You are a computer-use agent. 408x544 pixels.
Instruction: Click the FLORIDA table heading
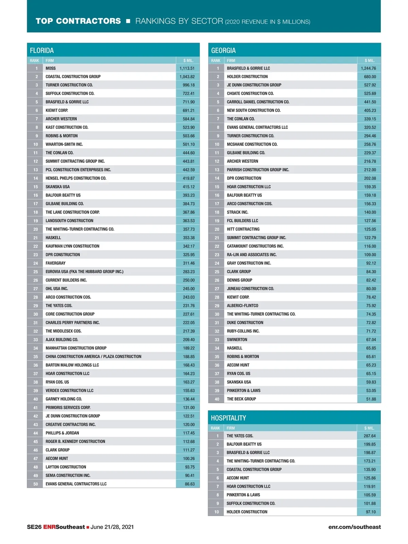click(x=42, y=50)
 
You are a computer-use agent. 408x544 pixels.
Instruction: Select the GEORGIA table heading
click(x=223, y=50)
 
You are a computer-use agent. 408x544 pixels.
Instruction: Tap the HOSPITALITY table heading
click(x=228, y=418)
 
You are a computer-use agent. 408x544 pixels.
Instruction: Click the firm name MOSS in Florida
click(x=51, y=68)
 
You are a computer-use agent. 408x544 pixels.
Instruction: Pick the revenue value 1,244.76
click(x=368, y=68)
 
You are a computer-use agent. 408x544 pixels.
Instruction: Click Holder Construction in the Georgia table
click(x=247, y=77)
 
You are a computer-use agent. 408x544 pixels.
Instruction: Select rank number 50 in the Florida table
click(x=35, y=484)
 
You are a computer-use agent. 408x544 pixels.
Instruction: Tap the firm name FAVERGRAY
click(x=55, y=263)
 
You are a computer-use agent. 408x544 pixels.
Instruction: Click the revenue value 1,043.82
click(x=187, y=77)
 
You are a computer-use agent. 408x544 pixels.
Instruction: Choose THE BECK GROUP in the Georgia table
click(x=241, y=399)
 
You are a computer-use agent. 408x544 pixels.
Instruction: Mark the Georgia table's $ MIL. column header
click(x=369, y=61)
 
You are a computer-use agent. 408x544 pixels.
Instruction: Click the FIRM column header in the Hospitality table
click(x=231, y=428)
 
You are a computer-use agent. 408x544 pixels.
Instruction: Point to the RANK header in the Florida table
click(x=34, y=61)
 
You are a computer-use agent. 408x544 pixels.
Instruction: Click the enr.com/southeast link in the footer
click(x=354, y=527)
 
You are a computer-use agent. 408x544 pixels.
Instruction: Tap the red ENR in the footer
click(x=49, y=527)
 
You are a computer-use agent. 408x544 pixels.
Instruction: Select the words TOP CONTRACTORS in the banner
click(x=78, y=21)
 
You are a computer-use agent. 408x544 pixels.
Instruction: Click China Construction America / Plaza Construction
click(x=93, y=357)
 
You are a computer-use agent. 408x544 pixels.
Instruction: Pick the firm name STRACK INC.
click(x=237, y=212)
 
